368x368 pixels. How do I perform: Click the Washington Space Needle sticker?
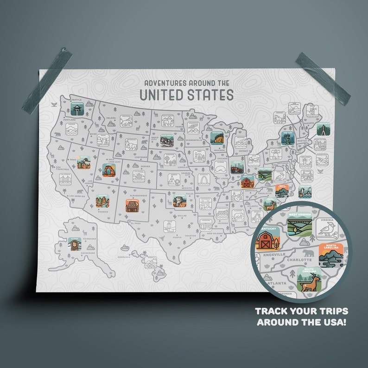[x=77, y=109]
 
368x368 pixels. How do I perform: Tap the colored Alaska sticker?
[x=74, y=244]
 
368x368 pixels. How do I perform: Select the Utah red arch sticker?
[x=109, y=170]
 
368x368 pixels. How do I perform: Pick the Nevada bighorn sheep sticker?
[x=84, y=162]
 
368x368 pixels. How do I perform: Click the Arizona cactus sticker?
[x=102, y=201]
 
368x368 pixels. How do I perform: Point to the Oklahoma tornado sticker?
[x=179, y=200]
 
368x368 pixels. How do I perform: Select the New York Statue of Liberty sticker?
[x=288, y=138]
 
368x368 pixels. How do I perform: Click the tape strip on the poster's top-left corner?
[x=46, y=82]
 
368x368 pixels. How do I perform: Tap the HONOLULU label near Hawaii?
[x=124, y=257]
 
